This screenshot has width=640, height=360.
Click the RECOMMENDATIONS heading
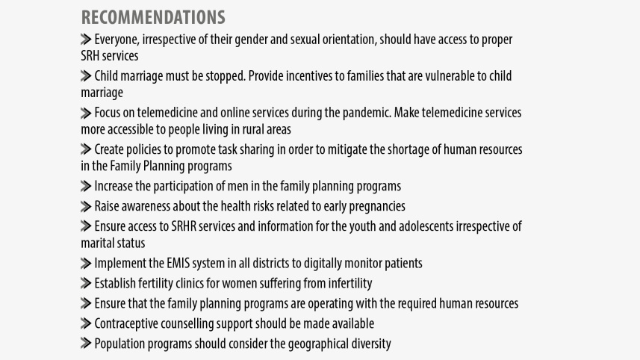[153, 17]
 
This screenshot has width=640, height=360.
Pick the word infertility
[349, 283]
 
